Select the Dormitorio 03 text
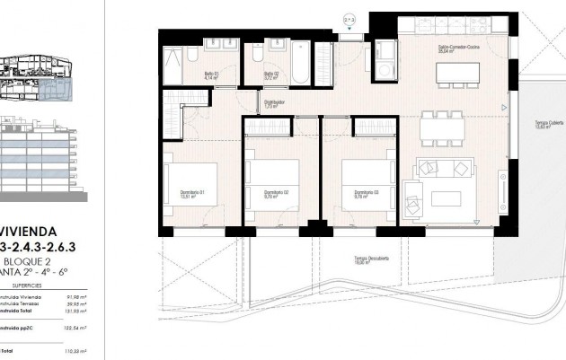(x=364, y=192)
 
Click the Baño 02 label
(x=270, y=75)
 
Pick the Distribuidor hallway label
(x=275, y=103)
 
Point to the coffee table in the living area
(x=447, y=198)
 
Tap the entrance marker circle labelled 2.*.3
(x=350, y=17)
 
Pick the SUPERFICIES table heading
(x=40, y=283)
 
